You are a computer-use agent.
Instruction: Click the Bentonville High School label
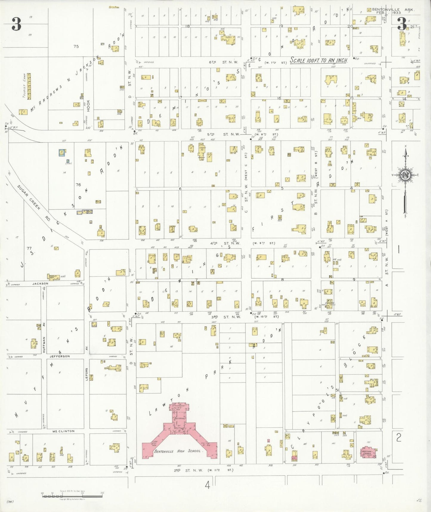click(x=178, y=451)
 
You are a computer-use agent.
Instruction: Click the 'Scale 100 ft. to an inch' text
click(x=319, y=60)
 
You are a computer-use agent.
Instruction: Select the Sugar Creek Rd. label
click(x=29, y=197)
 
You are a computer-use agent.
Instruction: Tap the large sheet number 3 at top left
click(x=16, y=24)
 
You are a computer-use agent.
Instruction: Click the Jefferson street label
click(x=60, y=356)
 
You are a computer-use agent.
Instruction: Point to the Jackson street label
click(x=40, y=283)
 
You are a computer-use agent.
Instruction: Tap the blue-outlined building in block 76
click(x=62, y=153)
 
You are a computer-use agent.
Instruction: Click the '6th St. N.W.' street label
click(x=223, y=62)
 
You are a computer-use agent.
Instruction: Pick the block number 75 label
click(x=76, y=46)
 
